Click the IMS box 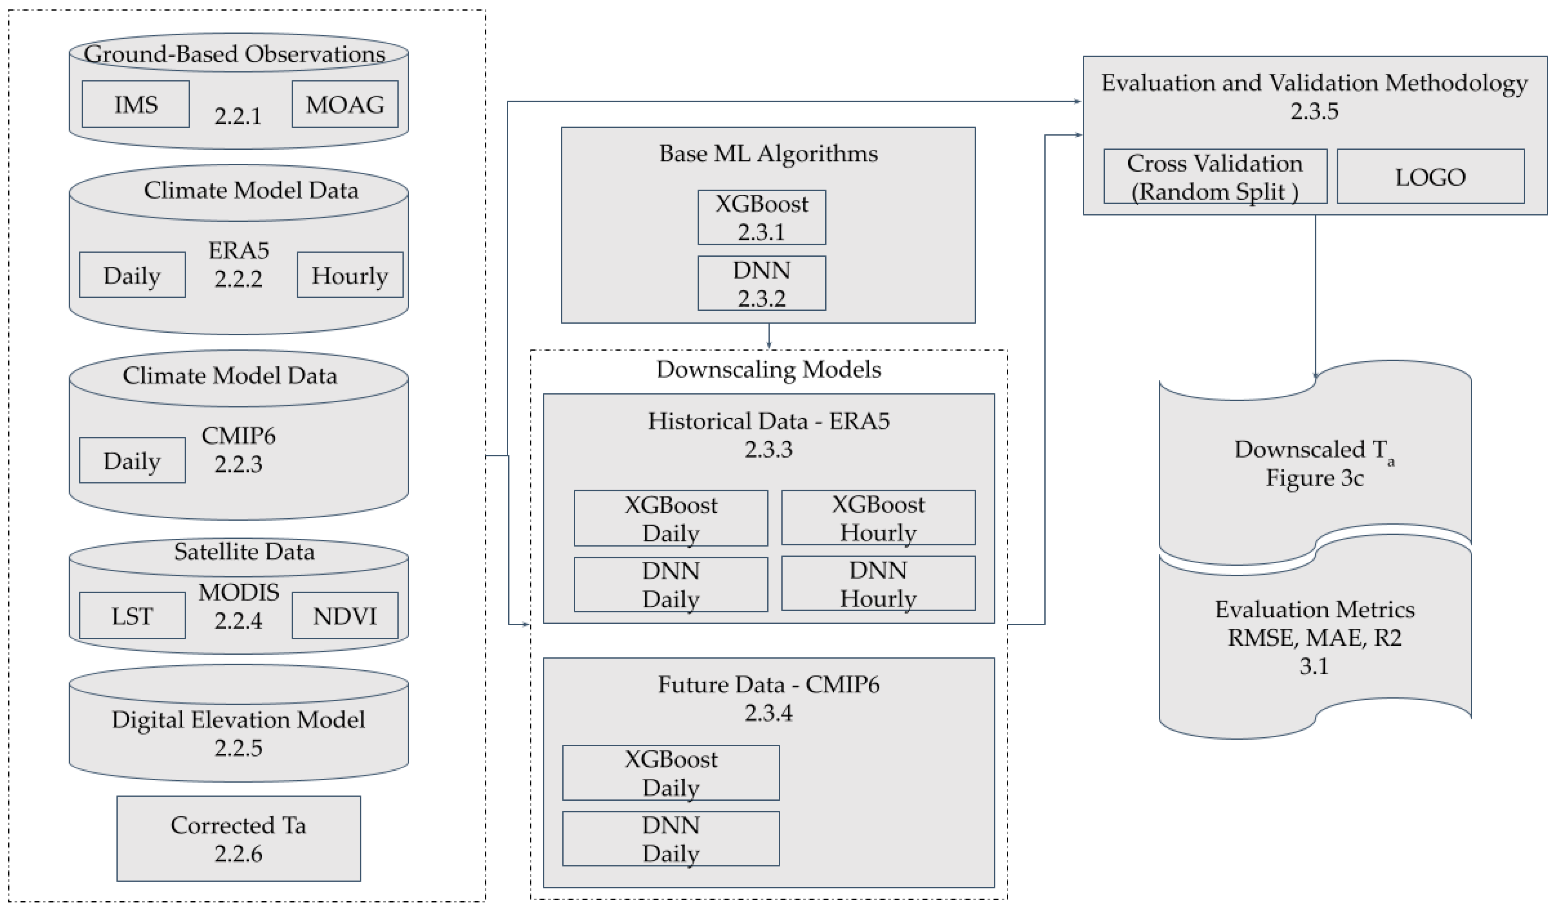pos(135,104)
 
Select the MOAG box pos(345,104)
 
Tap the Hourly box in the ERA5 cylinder pos(350,275)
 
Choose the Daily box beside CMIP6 pos(132,460)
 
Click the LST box pos(132,615)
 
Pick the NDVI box pos(345,615)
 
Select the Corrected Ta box pos(239,838)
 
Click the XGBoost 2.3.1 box pos(761,217)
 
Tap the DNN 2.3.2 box pos(761,284)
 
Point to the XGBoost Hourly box pos(878,518)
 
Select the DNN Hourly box pos(878,584)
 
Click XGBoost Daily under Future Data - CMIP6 pos(671,773)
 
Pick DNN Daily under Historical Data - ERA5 pos(671,584)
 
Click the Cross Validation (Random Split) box pos(1215,176)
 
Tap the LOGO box pos(1430,176)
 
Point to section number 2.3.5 pos(1314,111)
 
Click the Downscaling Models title pos(768,369)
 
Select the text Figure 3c pos(1314,477)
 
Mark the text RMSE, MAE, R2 pos(1314,637)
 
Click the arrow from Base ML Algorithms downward pos(768,337)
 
